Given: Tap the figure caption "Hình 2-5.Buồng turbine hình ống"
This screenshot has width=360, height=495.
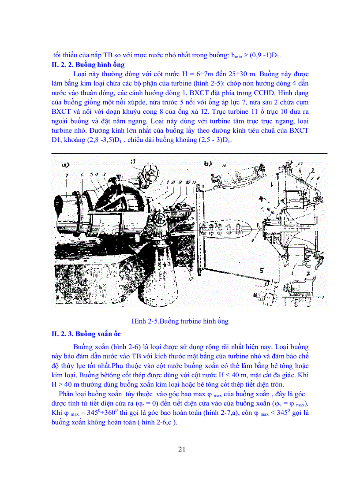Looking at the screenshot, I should click(180, 321).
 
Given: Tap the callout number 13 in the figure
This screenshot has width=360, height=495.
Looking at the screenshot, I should click(145, 161).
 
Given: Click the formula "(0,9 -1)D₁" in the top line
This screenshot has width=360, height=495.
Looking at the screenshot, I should click(263, 56).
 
